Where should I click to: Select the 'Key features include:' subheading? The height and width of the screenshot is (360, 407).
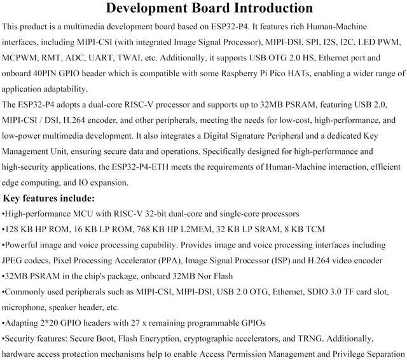click(x=49, y=198)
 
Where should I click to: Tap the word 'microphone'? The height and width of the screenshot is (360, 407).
click(x=25, y=307)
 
